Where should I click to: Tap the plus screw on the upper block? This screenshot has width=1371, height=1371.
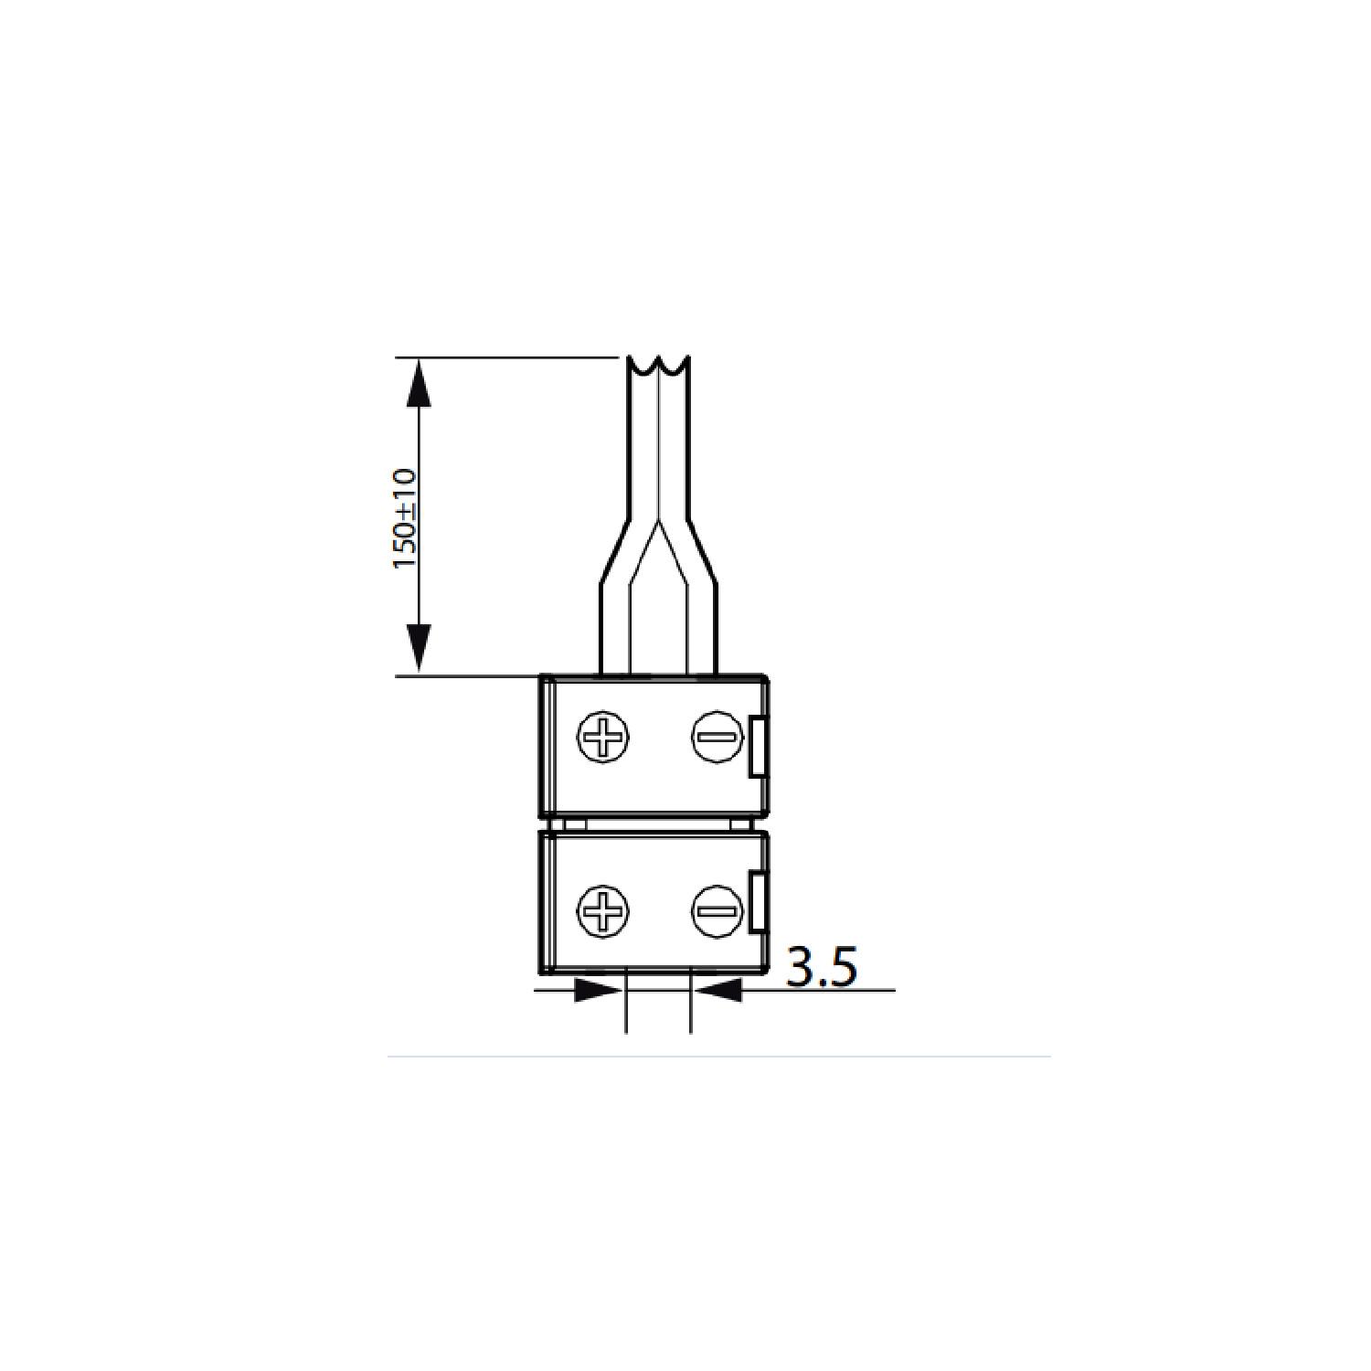604,736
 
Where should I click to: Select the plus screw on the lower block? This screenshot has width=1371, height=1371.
604,910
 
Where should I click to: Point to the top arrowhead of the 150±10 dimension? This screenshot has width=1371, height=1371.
419,382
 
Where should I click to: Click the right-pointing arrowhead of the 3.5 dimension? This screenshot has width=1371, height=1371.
598,989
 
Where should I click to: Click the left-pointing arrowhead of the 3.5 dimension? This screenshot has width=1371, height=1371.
717,989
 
